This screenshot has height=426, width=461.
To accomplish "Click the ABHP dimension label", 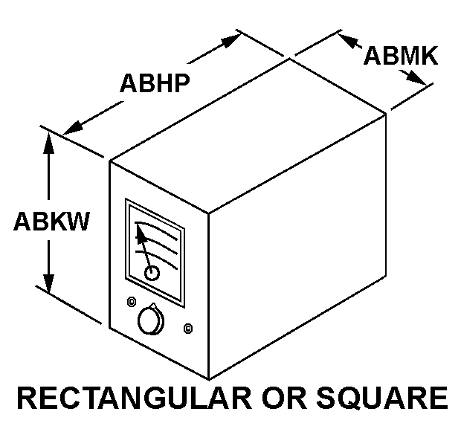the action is [155, 83].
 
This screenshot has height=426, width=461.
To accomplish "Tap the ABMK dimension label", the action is [401, 56].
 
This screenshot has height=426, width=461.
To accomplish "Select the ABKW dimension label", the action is [51, 221].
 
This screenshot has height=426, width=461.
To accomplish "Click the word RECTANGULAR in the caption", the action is [135, 398].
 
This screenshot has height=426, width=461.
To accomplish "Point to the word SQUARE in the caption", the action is [382, 398].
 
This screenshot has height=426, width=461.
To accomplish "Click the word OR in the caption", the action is [284, 398].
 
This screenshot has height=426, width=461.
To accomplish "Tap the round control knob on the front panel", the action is [151, 320].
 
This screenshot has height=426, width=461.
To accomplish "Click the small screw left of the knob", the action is [132, 302].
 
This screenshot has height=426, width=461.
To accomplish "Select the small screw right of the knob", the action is [188, 328].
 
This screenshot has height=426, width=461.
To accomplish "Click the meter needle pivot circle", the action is [152, 273].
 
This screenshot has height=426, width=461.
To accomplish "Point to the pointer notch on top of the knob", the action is [153, 305].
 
